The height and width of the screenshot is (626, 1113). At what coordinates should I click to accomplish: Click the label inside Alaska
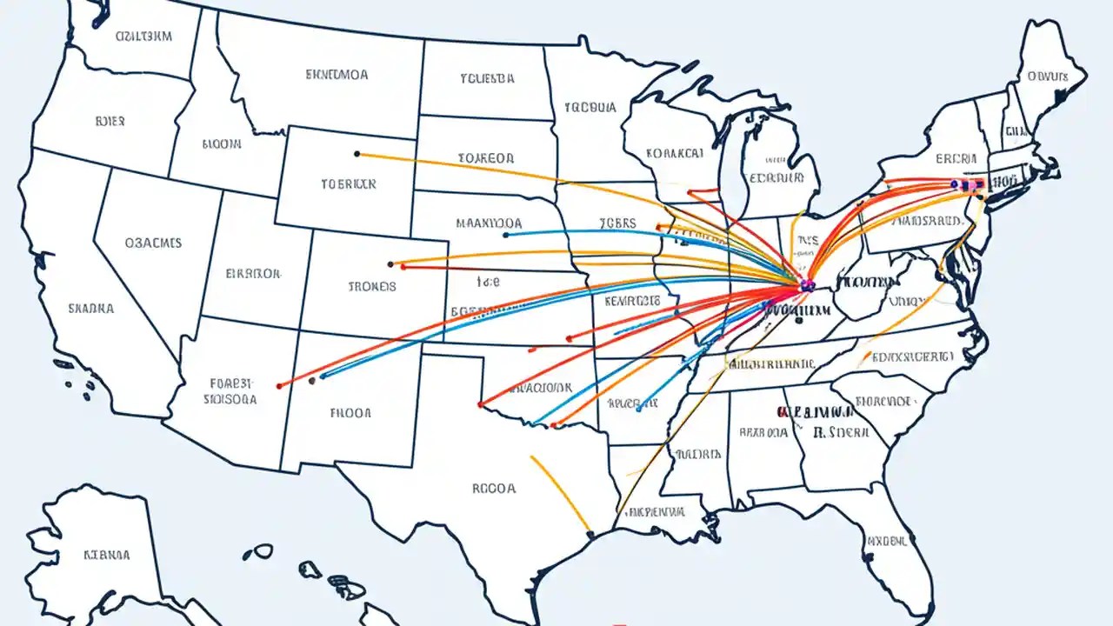[x=107, y=554]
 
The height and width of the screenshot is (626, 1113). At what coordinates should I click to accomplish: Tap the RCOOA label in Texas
[x=494, y=489]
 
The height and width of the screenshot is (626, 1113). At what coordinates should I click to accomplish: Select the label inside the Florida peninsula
[x=888, y=541]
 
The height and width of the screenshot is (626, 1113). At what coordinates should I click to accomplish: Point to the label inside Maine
[x=1047, y=76]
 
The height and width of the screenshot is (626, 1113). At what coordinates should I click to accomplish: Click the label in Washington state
[x=143, y=37]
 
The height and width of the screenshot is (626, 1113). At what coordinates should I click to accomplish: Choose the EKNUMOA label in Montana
[x=337, y=75]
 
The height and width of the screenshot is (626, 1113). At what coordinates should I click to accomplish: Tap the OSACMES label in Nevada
[x=153, y=243]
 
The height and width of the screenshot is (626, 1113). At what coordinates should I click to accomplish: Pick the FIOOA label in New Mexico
[x=351, y=414]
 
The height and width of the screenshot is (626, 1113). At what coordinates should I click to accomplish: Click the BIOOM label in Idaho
[x=222, y=145]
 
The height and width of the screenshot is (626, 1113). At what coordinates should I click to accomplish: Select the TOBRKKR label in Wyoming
[x=349, y=184]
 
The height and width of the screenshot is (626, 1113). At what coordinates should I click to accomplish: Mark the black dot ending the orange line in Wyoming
[x=357, y=154]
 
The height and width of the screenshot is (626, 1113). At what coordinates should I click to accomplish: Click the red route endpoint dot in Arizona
[x=278, y=385]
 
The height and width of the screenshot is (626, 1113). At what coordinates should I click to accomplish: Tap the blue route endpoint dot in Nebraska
[x=505, y=234]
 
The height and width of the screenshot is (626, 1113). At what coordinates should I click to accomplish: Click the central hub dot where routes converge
[x=806, y=284]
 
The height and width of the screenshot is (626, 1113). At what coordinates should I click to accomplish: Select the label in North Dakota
[x=487, y=78]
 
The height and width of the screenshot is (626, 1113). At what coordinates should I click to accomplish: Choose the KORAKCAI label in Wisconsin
[x=675, y=153]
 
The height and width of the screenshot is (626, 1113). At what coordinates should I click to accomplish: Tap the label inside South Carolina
[x=883, y=401]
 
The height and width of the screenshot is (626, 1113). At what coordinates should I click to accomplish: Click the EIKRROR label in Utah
[x=253, y=273]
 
